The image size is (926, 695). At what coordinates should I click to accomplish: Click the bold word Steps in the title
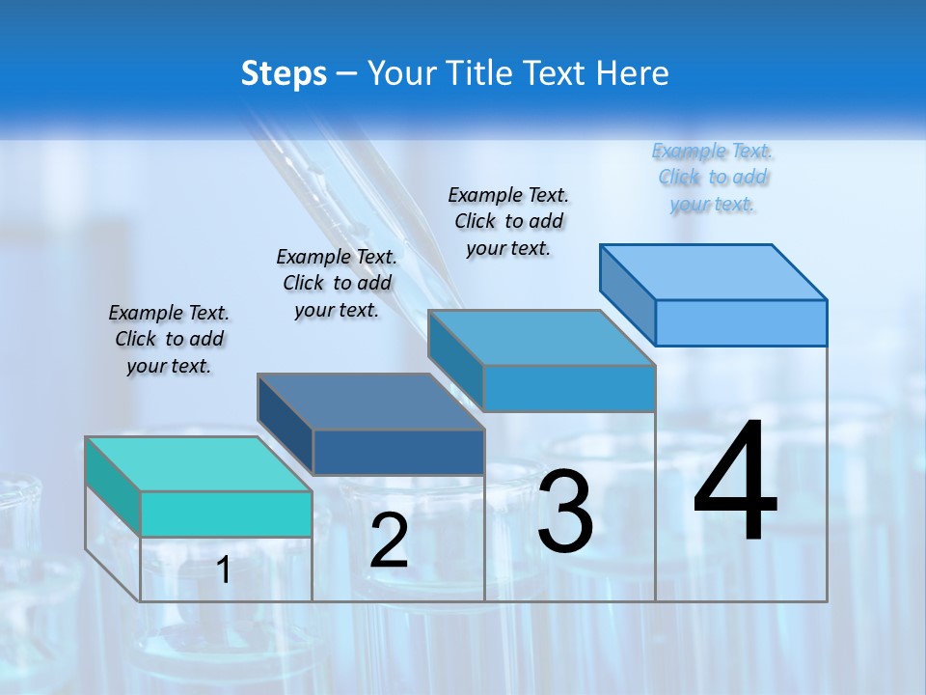pos(284,73)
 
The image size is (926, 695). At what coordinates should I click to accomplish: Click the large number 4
pos(735,483)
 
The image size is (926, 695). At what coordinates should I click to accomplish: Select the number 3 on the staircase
pos(565,512)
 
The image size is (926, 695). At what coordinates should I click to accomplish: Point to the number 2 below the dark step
pos(389,541)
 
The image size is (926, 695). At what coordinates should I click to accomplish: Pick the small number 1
pos(224,570)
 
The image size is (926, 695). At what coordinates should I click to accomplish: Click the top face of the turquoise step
pos(198,464)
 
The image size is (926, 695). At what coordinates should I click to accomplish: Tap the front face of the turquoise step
pos(226,514)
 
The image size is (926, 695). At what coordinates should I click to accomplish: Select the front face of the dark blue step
pos(398,452)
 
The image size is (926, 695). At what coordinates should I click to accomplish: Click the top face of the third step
pos(541,338)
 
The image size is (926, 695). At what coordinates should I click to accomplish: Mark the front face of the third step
pos(569,388)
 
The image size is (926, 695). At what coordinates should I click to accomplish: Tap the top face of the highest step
pos(713,272)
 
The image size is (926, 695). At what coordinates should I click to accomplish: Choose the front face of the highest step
pos(741,322)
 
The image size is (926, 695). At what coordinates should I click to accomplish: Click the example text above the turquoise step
pos(169,339)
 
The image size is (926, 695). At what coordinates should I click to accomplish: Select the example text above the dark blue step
pos(337,283)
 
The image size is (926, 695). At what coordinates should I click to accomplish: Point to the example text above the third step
pos(508,221)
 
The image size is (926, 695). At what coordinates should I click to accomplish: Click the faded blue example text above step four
pos(713,178)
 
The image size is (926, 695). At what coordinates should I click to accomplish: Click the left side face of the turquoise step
pos(113,487)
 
